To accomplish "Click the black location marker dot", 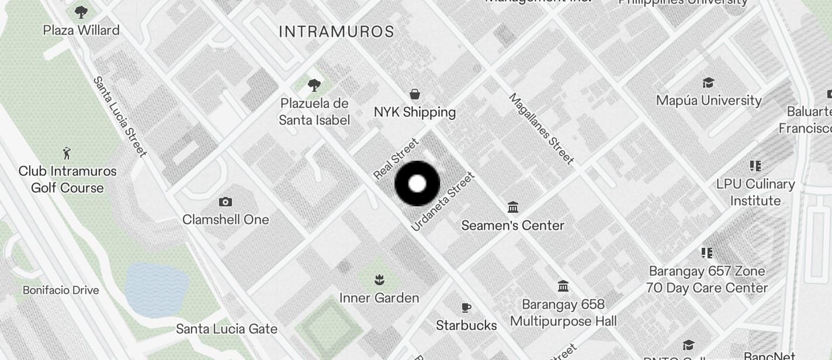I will click(x=417, y=184).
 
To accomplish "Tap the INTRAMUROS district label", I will click(x=337, y=32).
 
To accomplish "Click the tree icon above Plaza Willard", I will click(x=81, y=12).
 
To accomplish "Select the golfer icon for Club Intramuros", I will click(x=67, y=154).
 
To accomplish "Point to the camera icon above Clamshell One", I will click(x=225, y=202).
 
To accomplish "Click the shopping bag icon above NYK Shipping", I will click(x=415, y=94).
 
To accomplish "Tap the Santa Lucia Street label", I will click(x=120, y=117).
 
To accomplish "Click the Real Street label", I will click(x=396, y=158).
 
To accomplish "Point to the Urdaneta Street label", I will click(x=442, y=201).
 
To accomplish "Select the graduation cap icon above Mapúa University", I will click(x=708, y=82).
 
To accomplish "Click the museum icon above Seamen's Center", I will click(x=513, y=207).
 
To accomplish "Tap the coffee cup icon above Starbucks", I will click(x=466, y=307).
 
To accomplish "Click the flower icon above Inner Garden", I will click(x=379, y=279).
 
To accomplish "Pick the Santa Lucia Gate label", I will click(x=227, y=329).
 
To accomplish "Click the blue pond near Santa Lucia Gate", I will click(x=156, y=290).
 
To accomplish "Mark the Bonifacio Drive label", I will click(x=61, y=290).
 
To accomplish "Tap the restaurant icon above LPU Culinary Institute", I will click(x=755, y=166).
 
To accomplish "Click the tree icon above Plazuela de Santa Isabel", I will click(x=314, y=85).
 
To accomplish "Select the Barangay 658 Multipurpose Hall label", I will click(x=563, y=313).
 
